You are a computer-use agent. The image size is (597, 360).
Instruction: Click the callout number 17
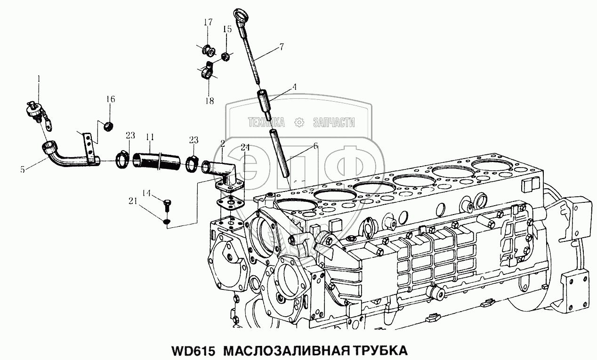(x=208, y=22)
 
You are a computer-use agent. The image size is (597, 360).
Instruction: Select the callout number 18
(x=210, y=101)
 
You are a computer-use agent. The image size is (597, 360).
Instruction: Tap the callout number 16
(x=111, y=99)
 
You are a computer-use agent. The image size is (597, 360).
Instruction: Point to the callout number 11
(x=150, y=137)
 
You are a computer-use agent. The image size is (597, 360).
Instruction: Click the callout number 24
(x=245, y=147)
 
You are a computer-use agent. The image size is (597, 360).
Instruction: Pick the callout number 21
(x=133, y=201)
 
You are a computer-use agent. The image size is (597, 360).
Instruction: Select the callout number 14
(x=146, y=193)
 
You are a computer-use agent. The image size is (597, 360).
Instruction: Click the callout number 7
(x=282, y=47)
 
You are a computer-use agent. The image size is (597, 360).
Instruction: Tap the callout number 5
(x=23, y=169)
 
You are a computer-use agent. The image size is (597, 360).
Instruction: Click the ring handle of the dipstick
(x=241, y=17)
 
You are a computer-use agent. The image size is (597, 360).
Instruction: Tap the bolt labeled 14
(x=167, y=206)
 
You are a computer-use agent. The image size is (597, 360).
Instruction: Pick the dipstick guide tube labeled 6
(x=279, y=152)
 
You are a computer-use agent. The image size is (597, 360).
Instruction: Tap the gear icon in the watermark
(x=299, y=122)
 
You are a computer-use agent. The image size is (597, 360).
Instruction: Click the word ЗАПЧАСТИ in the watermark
(x=334, y=122)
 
